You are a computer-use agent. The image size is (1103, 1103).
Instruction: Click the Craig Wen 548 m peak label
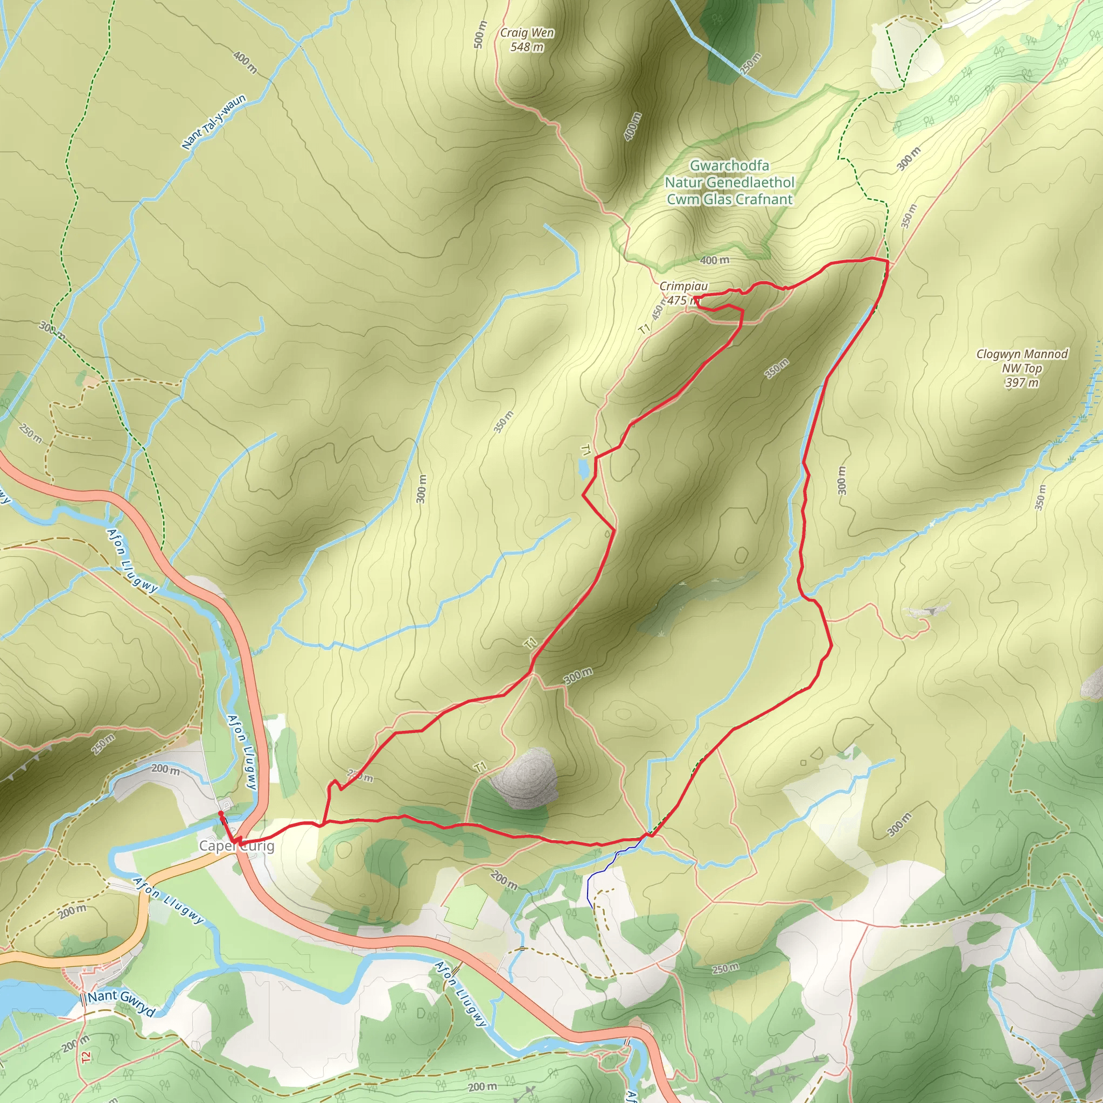point(526,39)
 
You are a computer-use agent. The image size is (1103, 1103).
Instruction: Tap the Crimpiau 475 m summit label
point(683,293)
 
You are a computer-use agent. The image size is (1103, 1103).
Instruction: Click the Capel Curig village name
point(236,846)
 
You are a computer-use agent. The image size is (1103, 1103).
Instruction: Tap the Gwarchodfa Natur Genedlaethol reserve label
point(729,182)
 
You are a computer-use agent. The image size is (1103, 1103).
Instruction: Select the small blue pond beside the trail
point(583,469)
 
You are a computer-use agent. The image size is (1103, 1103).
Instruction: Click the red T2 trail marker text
point(86,1057)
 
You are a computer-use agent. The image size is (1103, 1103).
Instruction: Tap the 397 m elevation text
point(1021,382)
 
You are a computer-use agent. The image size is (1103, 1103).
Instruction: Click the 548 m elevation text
point(526,47)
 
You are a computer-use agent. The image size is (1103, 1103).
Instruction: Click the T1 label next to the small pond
point(585,450)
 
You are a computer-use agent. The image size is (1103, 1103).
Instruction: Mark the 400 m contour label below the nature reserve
point(714,260)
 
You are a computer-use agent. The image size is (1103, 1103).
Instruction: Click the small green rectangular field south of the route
point(466,905)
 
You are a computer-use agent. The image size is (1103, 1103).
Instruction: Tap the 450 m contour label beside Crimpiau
point(658,310)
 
